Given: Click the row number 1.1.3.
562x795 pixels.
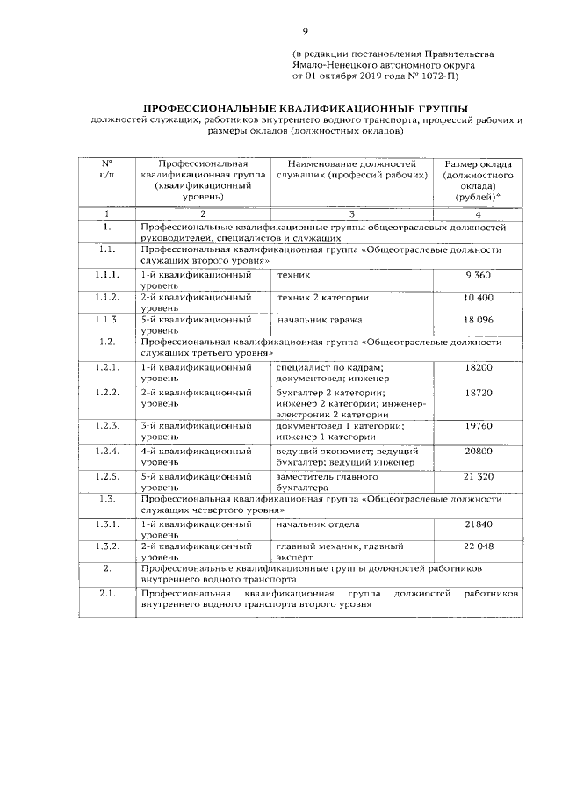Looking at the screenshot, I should (107, 321).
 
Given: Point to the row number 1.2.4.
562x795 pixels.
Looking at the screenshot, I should (107, 451).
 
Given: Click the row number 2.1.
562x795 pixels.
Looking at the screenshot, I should (107, 595).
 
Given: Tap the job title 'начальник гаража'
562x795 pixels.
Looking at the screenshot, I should (319, 321).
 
